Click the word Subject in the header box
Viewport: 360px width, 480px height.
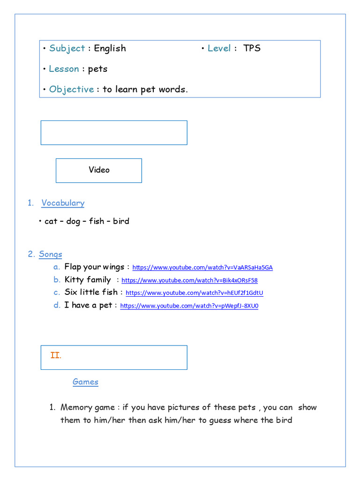tap(67, 48)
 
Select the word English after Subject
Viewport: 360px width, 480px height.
tap(110, 48)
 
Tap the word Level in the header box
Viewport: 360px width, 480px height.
tap(219, 48)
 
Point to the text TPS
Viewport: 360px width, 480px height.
tap(252, 48)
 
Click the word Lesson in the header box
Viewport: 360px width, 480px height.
tap(64, 69)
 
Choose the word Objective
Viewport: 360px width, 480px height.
tap(71, 90)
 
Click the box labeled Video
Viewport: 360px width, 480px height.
tap(99, 170)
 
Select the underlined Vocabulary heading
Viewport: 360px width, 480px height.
tap(63, 203)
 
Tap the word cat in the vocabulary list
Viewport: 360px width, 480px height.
tap(51, 221)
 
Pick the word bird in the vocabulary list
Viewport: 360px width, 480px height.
tap(121, 221)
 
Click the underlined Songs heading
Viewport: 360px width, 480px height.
tap(51, 254)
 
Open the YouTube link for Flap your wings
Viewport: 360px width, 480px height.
tap(202, 268)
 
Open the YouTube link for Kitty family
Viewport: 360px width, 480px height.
tap(189, 280)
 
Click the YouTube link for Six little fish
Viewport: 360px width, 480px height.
tap(195, 293)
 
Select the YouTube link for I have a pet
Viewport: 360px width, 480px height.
tap(189, 306)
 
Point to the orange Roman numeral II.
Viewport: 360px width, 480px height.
tap(56, 355)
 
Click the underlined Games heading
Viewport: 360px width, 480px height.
tap(85, 382)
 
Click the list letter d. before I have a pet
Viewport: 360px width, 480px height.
tap(57, 306)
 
